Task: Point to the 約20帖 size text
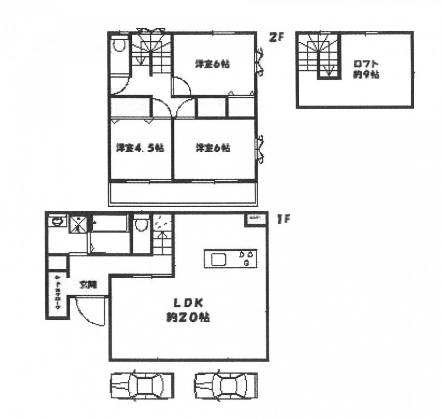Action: pos(187,317)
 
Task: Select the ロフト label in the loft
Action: pos(366,63)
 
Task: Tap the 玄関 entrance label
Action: pos(89,284)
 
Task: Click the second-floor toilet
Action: pos(119,47)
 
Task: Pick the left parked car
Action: pos(142,385)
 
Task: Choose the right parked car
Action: pos(226,385)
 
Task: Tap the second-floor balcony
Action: pos(181,193)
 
